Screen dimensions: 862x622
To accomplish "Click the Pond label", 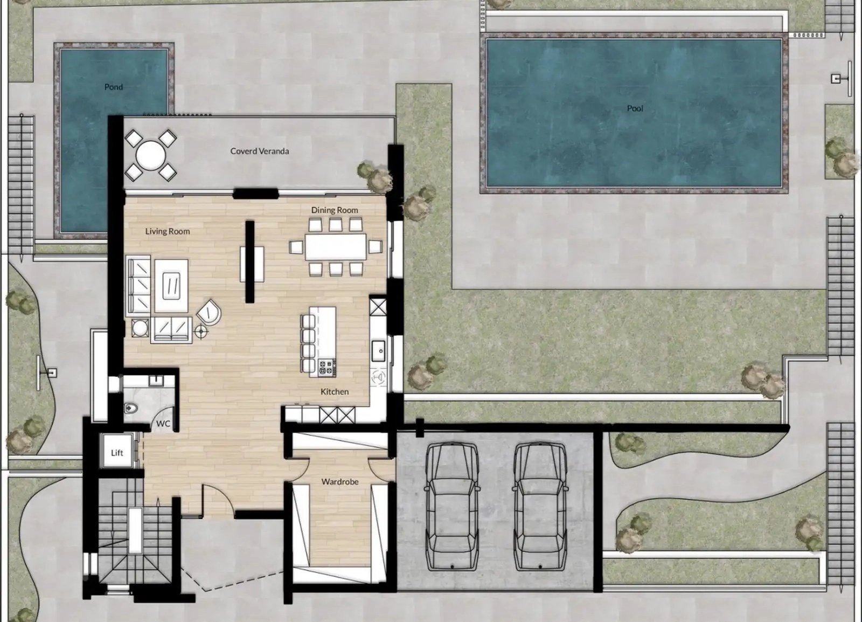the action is tap(114, 87).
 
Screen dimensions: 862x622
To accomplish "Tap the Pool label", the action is tap(635, 108).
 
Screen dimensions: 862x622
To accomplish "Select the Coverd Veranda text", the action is tap(259, 151).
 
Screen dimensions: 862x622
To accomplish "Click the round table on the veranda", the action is tap(151, 156).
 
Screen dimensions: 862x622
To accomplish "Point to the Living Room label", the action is tap(168, 231).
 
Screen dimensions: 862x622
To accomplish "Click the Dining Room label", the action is tap(335, 210).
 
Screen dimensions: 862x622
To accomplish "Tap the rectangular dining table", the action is tap(336, 246).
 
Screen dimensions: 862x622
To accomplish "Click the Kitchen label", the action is tap(335, 392).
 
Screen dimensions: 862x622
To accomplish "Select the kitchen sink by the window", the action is tap(379, 351).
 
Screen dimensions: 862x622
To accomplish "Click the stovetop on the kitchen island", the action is tap(326, 368).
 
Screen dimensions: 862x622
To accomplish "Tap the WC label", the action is tap(163, 424).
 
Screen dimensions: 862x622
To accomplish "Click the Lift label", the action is tap(117, 453).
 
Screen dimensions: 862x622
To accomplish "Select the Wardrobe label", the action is tap(340, 482).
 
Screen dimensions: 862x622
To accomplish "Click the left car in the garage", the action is tap(452, 507).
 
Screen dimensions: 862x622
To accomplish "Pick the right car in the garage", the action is tap(540, 507).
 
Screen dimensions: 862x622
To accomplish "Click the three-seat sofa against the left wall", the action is tap(138, 286).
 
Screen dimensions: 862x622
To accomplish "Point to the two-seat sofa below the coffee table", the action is tap(171, 330).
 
